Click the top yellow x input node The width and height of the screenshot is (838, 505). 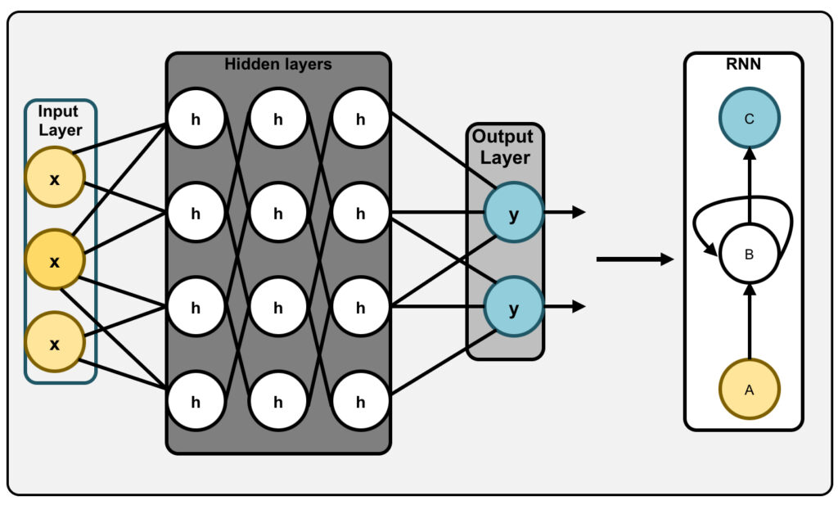[x=55, y=178]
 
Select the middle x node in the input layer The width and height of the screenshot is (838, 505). [x=55, y=260]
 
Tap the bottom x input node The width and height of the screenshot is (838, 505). [x=55, y=343]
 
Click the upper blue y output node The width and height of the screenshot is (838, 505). [x=514, y=213]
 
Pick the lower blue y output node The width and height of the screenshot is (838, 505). [x=514, y=307]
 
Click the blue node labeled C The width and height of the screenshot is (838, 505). [x=750, y=118]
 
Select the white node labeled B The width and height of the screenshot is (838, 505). [x=750, y=254]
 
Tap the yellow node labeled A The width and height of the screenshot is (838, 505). [x=750, y=390]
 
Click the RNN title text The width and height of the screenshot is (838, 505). [x=743, y=64]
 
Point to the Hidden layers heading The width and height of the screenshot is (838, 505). [x=278, y=64]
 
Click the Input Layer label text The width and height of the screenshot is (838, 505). [x=60, y=121]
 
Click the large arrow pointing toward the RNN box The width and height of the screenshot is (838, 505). [x=635, y=259]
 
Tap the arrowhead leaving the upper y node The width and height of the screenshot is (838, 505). [x=579, y=212]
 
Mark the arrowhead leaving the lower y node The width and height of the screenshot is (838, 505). [x=579, y=306]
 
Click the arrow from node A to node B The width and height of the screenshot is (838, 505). [x=750, y=321]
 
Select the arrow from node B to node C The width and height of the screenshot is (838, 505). [x=750, y=186]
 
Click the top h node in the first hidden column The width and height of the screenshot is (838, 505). [x=196, y=118]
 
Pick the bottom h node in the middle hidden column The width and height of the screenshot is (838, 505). [x=278, y=401]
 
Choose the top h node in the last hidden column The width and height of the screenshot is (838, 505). [x=361, y=118]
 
